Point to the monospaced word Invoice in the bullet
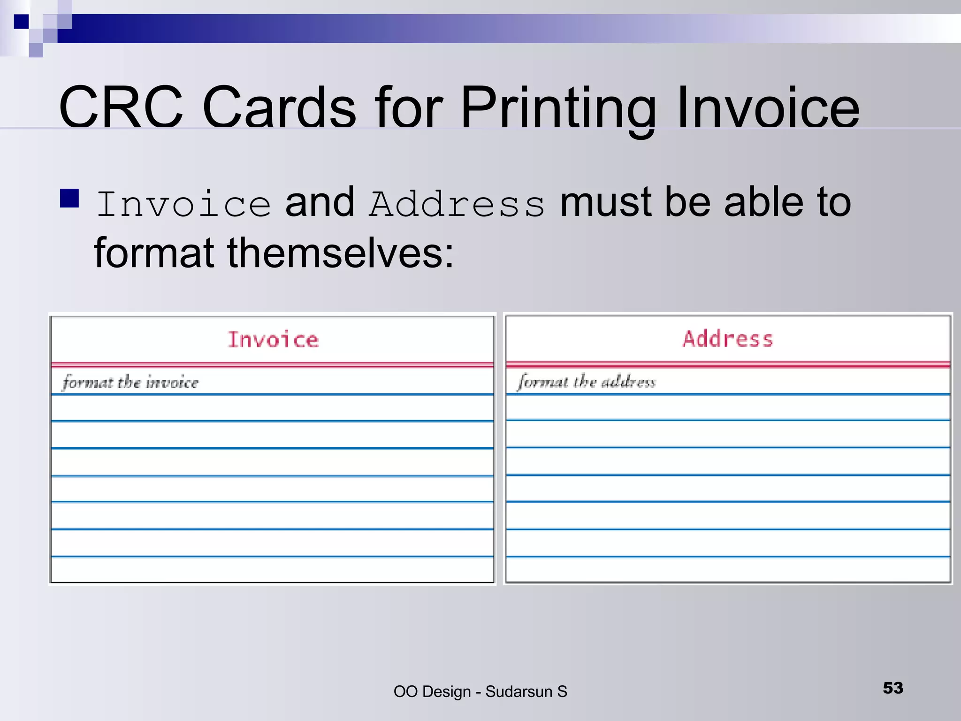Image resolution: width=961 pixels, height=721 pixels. pyautogui.click(x=183, y=205)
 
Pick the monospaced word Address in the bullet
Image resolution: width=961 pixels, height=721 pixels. pyautogui.click(x=457, y=205)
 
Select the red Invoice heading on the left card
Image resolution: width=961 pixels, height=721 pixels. pyautogui.click(x=273, y=339)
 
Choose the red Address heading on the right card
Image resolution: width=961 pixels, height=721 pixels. pyautogui.click(x=728, y=339)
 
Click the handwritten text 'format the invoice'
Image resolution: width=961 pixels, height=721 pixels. pyautogui.click(x=130, y=382)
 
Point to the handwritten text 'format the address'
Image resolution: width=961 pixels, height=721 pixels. pyautogui.click(x=586, y=381)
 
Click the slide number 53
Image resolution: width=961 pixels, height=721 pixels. pyautogui.click(x=892, y=688)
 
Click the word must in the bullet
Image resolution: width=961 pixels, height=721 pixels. pyautogui.click(x=606, y=203)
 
